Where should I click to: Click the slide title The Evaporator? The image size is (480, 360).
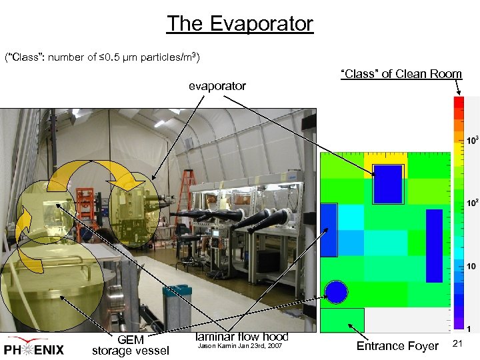pyautogui.click(x=239, y=24)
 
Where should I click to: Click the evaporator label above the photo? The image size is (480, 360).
pyautogui.click(x=217, y=86)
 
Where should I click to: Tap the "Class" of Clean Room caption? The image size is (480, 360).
pyautogui.click(x=401, y=74)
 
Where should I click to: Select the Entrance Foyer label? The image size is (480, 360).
pyautogui.click(x=397, y=346)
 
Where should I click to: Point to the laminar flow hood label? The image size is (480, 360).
pyautogui.click(x=241, y=337)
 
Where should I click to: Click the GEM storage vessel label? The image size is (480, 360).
pyautogui.click(x=131, y=345)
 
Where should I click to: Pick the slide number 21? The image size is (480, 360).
pyautogui.click(x=457, y=343)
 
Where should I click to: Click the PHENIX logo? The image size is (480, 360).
pyautogui.click(x=34, y=347)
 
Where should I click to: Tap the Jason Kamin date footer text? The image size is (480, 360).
pyautogui.click(x=241, y=347)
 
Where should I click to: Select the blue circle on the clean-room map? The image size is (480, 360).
pyautogui.click(x=337, y=292)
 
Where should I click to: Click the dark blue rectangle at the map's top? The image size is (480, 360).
pyautogui.click(x=388, y=183)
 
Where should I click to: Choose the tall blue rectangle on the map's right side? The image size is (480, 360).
pyautogui.click(x=434, y=245)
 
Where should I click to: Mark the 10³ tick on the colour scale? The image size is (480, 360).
pyautogui.click(x=473, y=141)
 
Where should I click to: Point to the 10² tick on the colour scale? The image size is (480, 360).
pyautogui.click(x=473, y=203)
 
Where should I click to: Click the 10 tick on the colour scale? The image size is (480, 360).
pyautogui.click(x=473, y=267)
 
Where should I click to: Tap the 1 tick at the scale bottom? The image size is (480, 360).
pyautogui.click(x=471, y=329)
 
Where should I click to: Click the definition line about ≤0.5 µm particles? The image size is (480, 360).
pyautogui.click(x=102, y=56)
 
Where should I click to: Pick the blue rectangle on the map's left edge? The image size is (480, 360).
pyautogui.click(x=329, y=230)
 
